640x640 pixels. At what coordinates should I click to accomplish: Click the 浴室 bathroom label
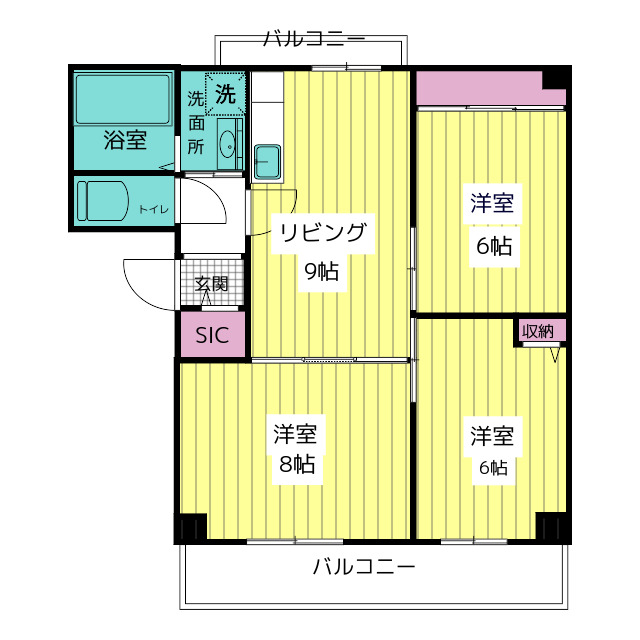point(125,140)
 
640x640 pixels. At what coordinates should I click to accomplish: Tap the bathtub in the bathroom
point(125,98)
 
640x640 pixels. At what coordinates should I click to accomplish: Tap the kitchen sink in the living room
point(266,159)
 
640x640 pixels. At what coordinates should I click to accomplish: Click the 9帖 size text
point(321,270)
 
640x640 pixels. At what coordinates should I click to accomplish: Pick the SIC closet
point(212,335)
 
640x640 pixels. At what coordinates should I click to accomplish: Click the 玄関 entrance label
point(211,283)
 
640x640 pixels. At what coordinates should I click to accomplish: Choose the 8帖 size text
point(296,464)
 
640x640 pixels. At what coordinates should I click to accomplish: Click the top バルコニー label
point(313,40)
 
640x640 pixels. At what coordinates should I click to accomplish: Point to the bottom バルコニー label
point(363,567)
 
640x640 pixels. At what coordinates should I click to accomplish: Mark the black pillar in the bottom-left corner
point(192,526)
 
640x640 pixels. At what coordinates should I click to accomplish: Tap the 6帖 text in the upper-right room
point(493,246)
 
